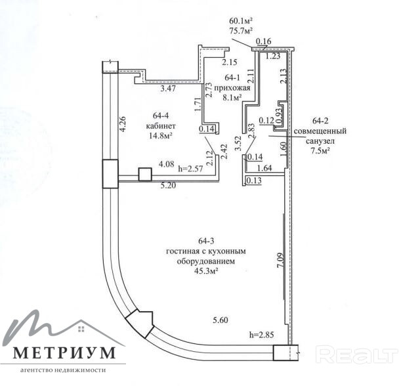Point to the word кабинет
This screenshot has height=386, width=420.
tap(159, 125)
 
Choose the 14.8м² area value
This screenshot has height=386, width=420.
tap(159, 136)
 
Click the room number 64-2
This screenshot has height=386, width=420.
tap(321, 121)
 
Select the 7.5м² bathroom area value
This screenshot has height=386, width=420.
tap(320, 150)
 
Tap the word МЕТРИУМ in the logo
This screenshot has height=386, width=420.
tap(64, 353)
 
